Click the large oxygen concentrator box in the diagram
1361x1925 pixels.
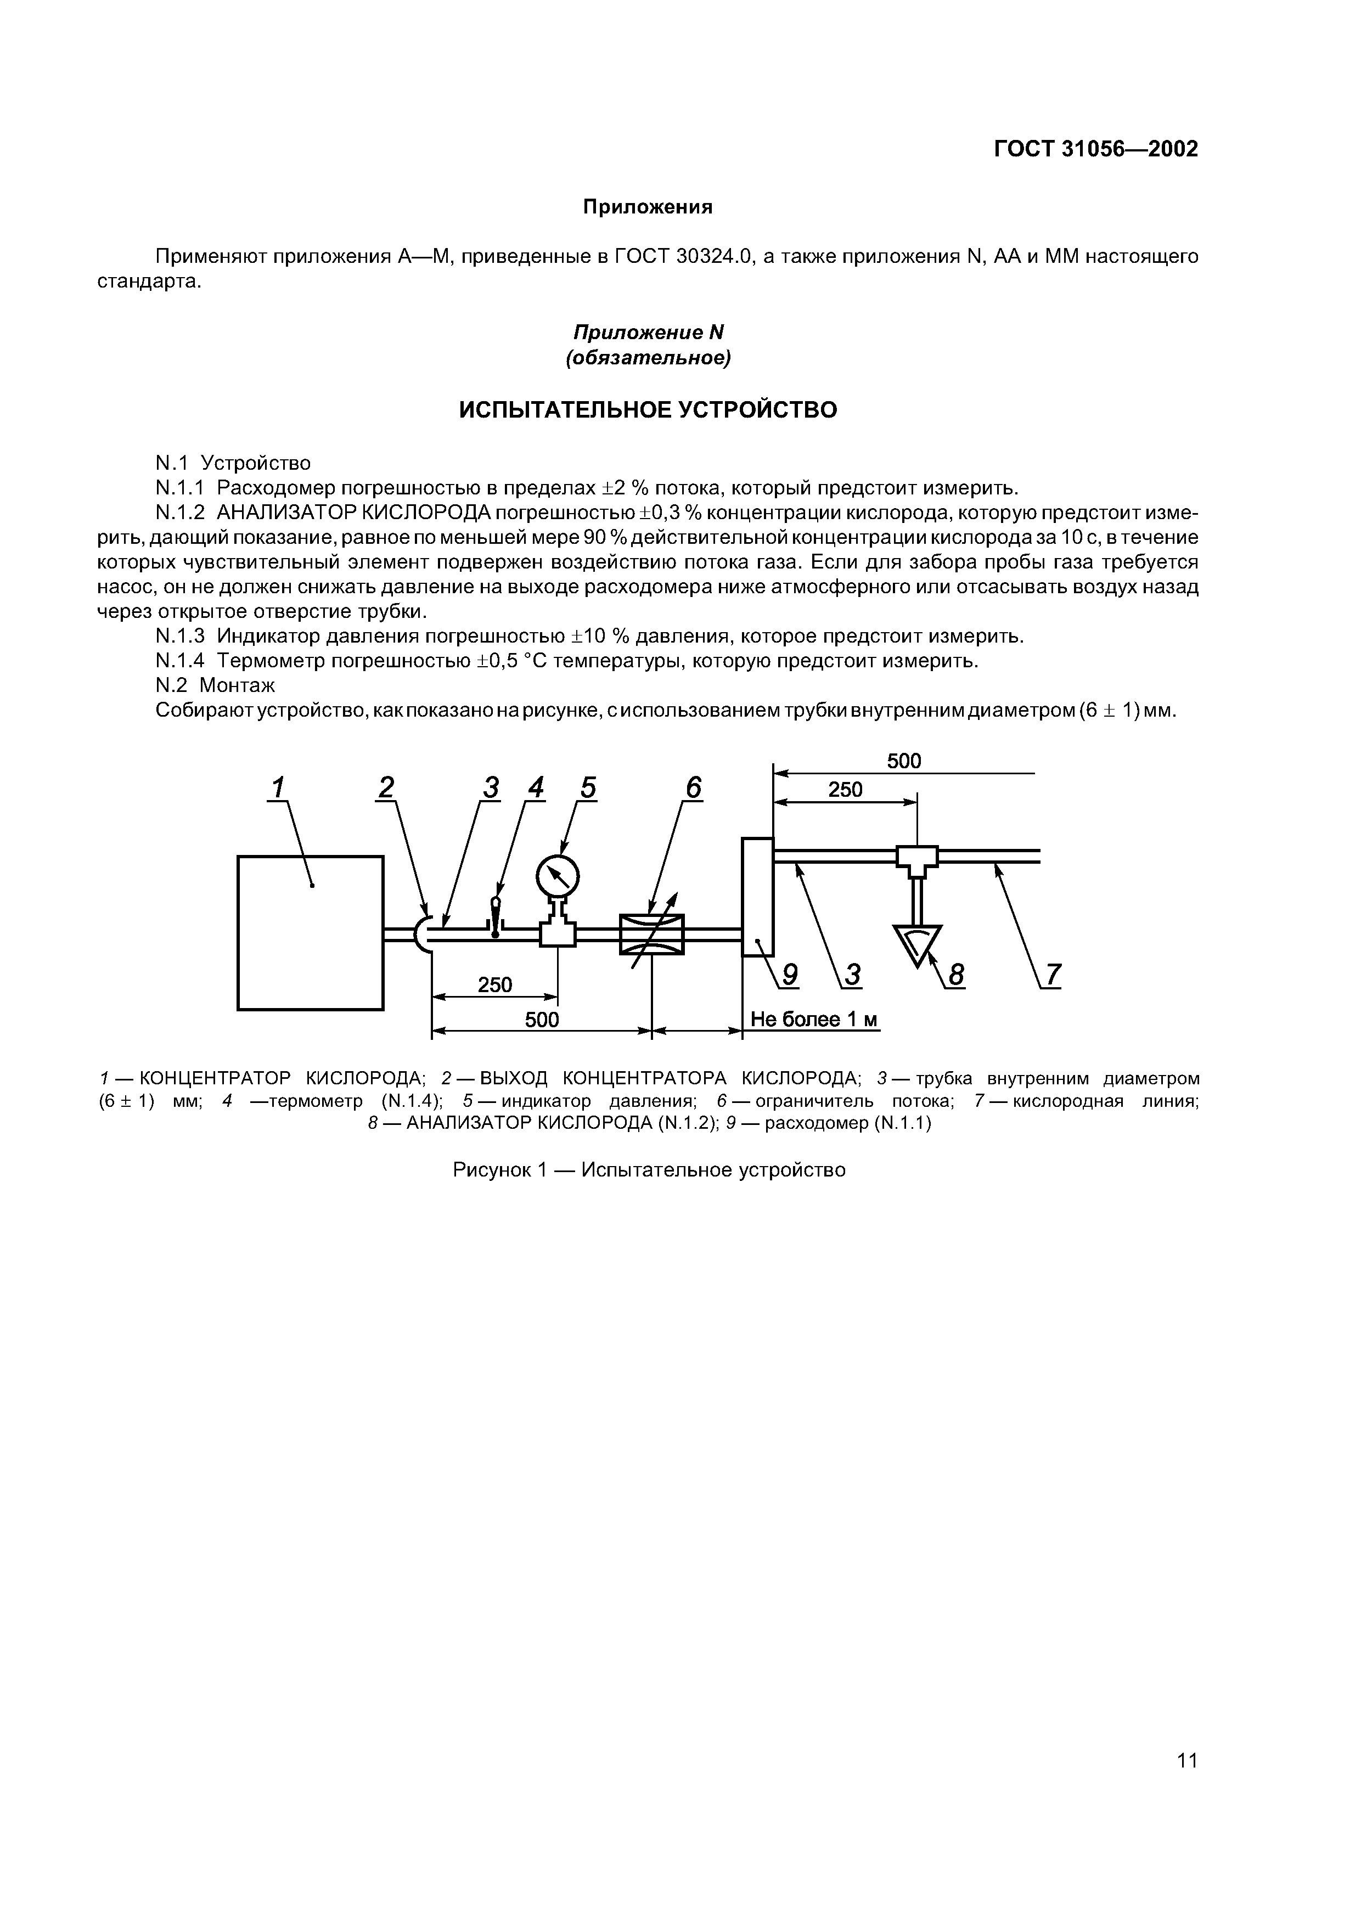(x=310, y=932)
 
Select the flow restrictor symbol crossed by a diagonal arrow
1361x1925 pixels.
(x=651, y=934)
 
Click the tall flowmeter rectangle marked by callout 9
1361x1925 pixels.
(x=757, y=896)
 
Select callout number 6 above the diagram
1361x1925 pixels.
(x=693, y=788)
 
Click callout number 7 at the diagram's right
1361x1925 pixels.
(x=1053, y=975)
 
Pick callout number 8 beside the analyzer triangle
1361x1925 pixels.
(x=956, y=975)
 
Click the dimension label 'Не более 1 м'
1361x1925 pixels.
(x=813, y=1020)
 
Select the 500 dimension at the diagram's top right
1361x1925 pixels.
(x=904, y=761)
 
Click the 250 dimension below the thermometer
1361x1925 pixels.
(x=495, y=984)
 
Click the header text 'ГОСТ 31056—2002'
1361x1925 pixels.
(x=1096, y=149)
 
